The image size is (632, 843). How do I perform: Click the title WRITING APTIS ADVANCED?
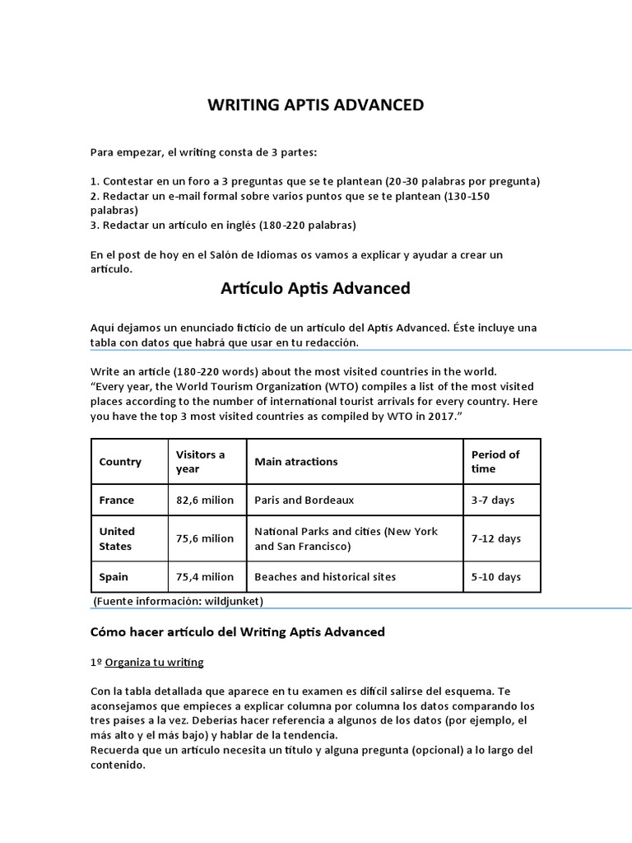click(315, 105)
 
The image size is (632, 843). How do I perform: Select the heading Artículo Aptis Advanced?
click(315, 288)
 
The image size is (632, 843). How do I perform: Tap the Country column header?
click(120, 462)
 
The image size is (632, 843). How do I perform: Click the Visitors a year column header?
click(200, 461)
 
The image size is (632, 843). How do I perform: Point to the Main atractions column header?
click(296, 462)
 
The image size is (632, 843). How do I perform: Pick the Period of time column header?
click(495, 461)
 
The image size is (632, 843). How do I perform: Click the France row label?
click(117, 500)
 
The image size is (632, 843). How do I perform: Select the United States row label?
click(117, 538)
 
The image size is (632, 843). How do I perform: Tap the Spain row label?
click(114, 577)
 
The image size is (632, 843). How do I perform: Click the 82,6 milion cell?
click(205, 500)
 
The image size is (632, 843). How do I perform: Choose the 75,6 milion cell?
click(205, 538)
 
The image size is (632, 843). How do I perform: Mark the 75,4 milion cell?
click(205, 577)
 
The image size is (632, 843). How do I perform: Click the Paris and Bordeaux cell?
click(304, 500)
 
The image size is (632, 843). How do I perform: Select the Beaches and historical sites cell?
click(325, 577)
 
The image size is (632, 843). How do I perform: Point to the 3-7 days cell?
click(492, 500)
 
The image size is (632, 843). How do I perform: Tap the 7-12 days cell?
click(495, 538)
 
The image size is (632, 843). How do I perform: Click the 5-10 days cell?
click(495, 577)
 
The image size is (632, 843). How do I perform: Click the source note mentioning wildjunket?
click(178, 602)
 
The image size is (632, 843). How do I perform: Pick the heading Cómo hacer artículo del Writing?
click(237, 632)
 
